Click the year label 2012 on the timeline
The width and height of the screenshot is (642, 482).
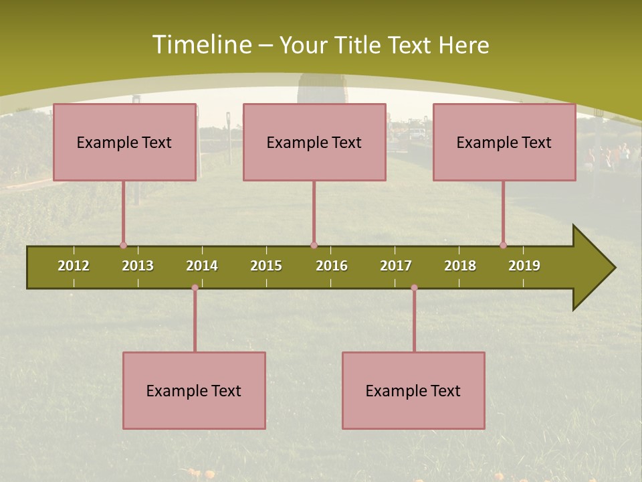pos(74,266)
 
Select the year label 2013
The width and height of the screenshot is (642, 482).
pos(138,266)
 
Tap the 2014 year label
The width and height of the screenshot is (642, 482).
pos(202,266)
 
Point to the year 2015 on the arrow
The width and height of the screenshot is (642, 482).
pos(266,266)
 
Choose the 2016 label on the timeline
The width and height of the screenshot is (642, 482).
pos(332,266)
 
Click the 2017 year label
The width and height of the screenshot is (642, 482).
pos(396,266)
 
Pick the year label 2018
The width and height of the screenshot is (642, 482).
pos(460,266)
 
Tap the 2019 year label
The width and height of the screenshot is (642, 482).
pos(524,266)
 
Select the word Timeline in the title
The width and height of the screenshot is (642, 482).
pos(201,45)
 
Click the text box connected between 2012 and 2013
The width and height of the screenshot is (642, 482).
pos(124,142)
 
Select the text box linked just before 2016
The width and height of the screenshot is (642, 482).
pos(314,142)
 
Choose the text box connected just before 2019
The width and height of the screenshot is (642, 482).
pos(504,142)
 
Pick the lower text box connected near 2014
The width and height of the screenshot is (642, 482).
pos(194,390)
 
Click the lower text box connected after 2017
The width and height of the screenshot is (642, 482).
pos(413,390)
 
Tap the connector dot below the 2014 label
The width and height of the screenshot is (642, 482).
pos(195,288)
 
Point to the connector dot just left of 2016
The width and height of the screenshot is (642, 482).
pos(314,245)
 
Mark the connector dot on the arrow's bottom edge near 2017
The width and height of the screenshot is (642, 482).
pos(414,288)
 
